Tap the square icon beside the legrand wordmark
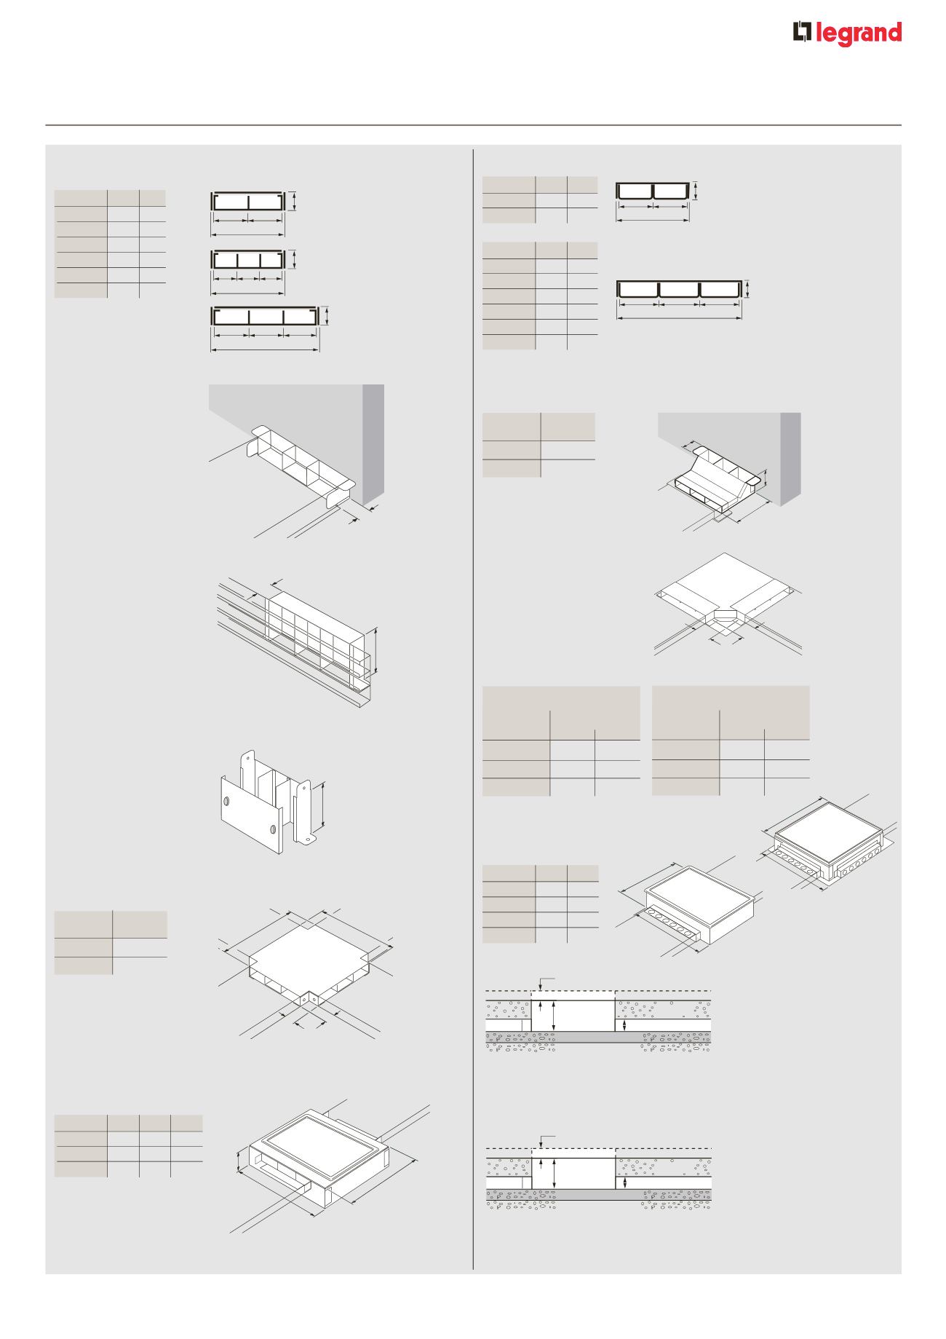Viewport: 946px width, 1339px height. pyautogui.click(x=801, y=33)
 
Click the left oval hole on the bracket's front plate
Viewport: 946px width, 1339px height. pyautogui.click(x=227, y=802)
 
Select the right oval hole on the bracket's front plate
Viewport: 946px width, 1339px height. pyautogui.click(x=273, y=829)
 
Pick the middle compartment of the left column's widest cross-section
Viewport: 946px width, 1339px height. pyautogui.click(x=266, y=317)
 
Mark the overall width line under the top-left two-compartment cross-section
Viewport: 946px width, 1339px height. pyautogui.click(x=247, y=234)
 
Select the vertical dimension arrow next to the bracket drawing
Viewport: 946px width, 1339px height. pyautogui.click(x=323, y=805)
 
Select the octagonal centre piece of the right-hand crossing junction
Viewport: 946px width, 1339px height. pyautogui.click(x=725, y=616)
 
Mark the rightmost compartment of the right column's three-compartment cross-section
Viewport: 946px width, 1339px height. pyautogui.click(x=720, y=289)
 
